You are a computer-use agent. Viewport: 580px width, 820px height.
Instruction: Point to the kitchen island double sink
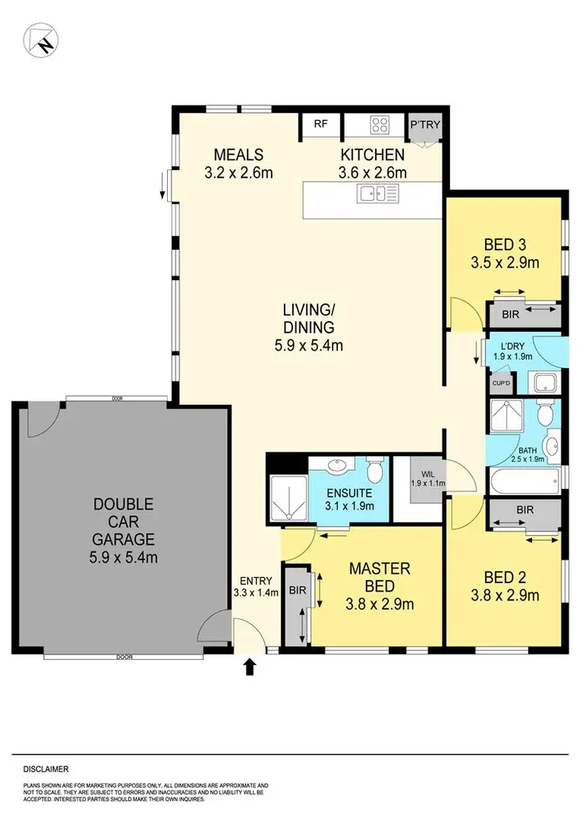(x=377, y=194)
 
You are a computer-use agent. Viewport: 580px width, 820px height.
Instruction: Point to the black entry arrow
(x=250, y=665)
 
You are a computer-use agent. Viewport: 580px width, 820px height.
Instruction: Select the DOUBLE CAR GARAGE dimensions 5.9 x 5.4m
(x=124, y=556)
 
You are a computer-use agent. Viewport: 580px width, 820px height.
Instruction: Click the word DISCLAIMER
(x=46, y=769)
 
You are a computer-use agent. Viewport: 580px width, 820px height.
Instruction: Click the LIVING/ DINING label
(x=309, y=317)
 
